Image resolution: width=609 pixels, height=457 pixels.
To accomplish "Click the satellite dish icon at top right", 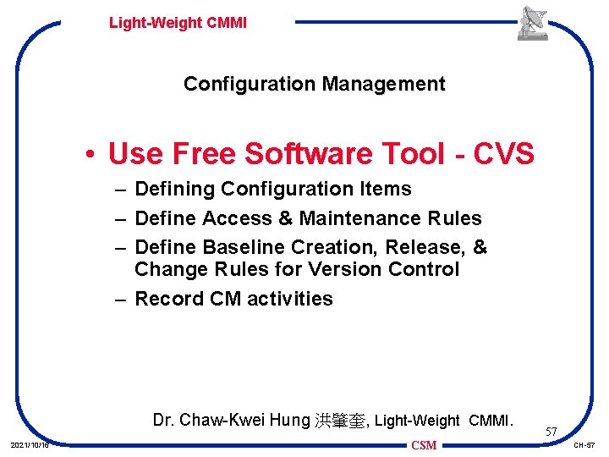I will [x=533, y=23].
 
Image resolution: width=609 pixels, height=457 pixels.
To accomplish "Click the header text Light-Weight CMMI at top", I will [x=178, y=23].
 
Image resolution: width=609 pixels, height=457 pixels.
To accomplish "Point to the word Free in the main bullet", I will [x=206, y=154].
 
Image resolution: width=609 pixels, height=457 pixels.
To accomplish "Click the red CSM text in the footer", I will [x=424, y=445].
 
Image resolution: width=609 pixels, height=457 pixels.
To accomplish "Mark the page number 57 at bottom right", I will [x=550, y=432].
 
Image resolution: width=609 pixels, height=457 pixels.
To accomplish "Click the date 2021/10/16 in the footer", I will [x=29, y=445].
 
